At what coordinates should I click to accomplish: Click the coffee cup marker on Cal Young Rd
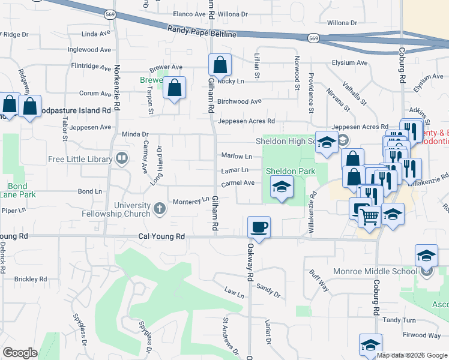tap(259, 227)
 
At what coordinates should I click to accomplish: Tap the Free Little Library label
tap(80, 159)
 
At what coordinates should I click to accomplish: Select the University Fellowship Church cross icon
tap(159, 209)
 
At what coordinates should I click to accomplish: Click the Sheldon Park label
tap(291, 171)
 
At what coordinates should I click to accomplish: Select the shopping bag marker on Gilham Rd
tap(220, 64)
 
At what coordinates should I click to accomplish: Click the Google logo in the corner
tap(20, 353)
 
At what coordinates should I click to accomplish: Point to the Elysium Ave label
tap(349, 62)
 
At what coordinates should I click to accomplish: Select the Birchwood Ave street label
tap(239, 101)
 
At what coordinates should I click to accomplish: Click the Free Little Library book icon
tap(122, 158)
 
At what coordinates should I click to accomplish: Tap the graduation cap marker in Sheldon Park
tap(281, 186)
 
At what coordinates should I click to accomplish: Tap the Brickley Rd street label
tap(30, 279)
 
